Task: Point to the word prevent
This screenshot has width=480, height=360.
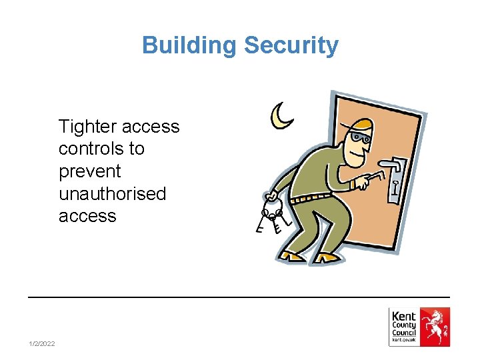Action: click(90, 171)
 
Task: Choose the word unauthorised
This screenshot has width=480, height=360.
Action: click(112, 194)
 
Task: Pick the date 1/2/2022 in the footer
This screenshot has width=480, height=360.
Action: click(42, 343)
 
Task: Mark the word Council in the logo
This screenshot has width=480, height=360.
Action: click(404, 333)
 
